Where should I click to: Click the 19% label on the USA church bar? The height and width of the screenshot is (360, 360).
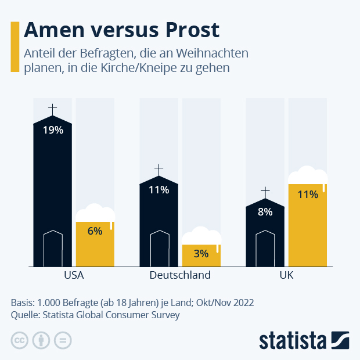[53, 130]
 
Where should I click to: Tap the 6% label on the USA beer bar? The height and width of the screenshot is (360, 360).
[95, 231]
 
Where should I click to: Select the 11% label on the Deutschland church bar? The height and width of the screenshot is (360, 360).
[159, 190]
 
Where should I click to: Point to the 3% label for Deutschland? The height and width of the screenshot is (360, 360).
[201, 254]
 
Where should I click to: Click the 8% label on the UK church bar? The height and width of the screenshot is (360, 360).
[265, 212]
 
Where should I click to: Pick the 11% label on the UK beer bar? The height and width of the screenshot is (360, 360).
[308, 195]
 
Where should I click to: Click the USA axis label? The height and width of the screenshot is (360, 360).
[74, 275]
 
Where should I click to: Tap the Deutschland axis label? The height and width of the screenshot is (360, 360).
[180, 275]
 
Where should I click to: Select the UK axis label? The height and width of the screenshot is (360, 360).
[286, 275]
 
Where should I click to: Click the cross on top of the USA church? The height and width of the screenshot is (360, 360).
[53, 109]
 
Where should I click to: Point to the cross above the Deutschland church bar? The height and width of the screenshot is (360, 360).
[159, 170]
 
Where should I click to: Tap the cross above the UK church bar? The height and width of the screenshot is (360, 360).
[265, 192]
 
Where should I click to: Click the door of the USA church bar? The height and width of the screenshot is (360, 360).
[53, 249]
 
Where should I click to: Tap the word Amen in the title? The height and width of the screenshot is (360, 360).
[53, 30]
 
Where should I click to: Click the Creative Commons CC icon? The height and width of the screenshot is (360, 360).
[20, 340]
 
